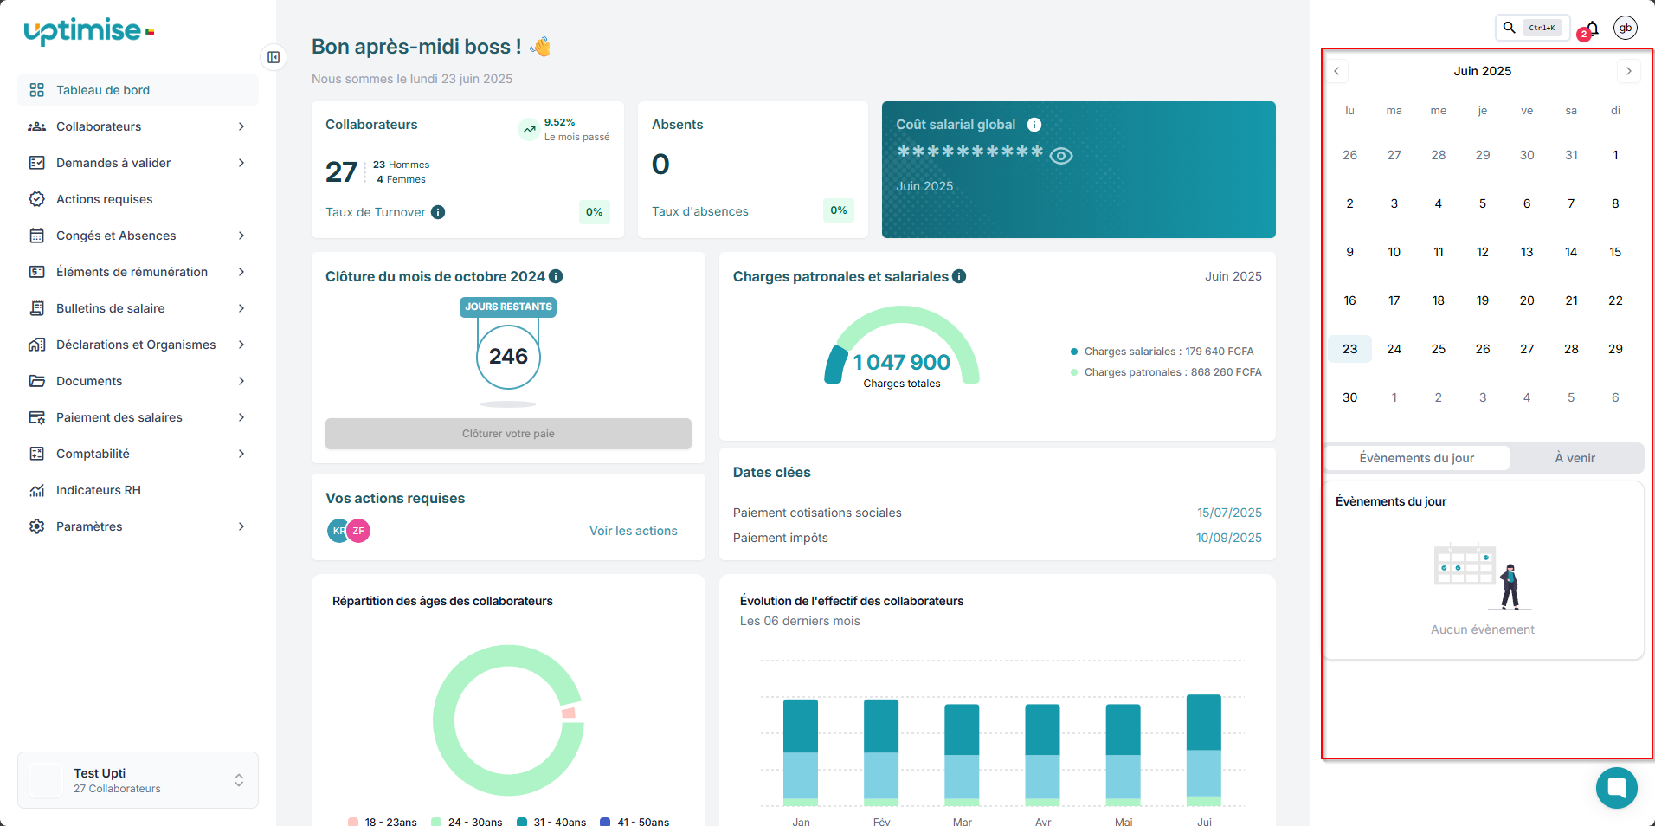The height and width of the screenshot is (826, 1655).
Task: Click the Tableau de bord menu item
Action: (102, 90)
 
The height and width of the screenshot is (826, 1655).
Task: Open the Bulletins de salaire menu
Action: (110, 308)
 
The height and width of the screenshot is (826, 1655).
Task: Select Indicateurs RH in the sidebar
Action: (98, 490)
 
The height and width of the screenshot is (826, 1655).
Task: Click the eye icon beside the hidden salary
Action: (1060, 156)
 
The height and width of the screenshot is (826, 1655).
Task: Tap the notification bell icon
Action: (1592, 29)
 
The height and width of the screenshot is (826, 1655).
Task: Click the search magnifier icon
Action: (1509, 28)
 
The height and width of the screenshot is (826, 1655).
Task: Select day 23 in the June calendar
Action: (1349, 349)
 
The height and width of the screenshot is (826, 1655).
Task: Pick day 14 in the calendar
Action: (1570, 252)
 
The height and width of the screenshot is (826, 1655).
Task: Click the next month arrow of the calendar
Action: (1628, 71)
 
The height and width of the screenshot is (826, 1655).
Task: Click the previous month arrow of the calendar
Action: (1336, 71)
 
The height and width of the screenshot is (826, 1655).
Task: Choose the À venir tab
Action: (1575, 458)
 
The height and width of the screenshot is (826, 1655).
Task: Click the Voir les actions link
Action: (633, 531)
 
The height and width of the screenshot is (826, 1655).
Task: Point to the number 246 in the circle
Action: (508, 356)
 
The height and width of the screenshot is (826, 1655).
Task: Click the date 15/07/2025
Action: (1229, 513)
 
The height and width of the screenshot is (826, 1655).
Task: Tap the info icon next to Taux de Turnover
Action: (438, 212)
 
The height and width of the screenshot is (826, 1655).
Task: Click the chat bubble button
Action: (1616, 787)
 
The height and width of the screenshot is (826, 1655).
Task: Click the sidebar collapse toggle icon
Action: (274, 57)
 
